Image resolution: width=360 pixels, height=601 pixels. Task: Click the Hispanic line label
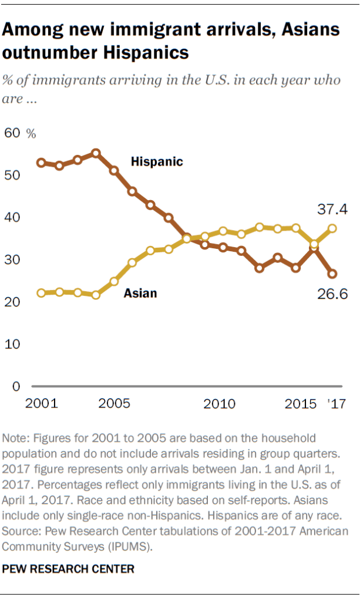click(157, 161)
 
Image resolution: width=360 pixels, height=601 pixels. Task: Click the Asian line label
click(140, 292)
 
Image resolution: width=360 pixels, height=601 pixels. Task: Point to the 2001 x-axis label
click(42, 404)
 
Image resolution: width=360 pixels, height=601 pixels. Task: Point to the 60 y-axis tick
click(12, 133)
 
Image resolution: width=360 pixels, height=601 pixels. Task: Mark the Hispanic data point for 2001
click(41, 163)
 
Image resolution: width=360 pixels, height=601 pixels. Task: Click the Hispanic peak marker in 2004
click(96, 153)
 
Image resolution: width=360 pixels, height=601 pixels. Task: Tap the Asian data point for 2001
click(41, 293)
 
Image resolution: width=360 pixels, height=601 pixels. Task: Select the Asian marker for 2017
click(332, 229)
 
